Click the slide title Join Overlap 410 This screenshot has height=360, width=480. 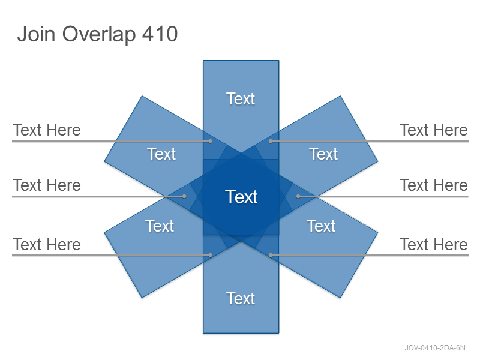(x=97, y=34)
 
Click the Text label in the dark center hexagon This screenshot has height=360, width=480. (x=241, y=197)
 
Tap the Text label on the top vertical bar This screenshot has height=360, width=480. (x=241, y=98)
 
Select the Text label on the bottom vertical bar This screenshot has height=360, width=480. (x=241, y=298)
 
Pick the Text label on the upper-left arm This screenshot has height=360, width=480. (x=161, y=154)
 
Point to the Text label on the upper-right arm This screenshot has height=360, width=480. (x=323, y=154)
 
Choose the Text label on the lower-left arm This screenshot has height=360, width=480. (x=160, y=226)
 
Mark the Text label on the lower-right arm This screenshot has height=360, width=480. (x=321, y=226)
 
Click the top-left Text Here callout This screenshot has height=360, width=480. (x=47, y=130)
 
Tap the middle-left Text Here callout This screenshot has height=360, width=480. (x=47, y=185)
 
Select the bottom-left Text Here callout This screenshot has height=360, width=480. (x=47, y=244)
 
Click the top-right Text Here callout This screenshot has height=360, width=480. (x=434, y=130)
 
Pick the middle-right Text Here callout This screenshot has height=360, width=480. (x=434, y=185)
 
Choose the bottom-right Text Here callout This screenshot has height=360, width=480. (x=434, y=244)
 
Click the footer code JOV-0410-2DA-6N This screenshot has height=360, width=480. (x=435, y=348)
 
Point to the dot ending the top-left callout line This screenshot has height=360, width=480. (x=211, y=141)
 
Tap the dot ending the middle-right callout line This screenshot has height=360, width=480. (x=298, y=196)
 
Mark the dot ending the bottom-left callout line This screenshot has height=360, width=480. (x=211, y=255)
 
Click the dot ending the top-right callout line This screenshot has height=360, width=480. (x=271, y=141)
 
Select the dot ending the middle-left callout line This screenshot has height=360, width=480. (x=184, y=196)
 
